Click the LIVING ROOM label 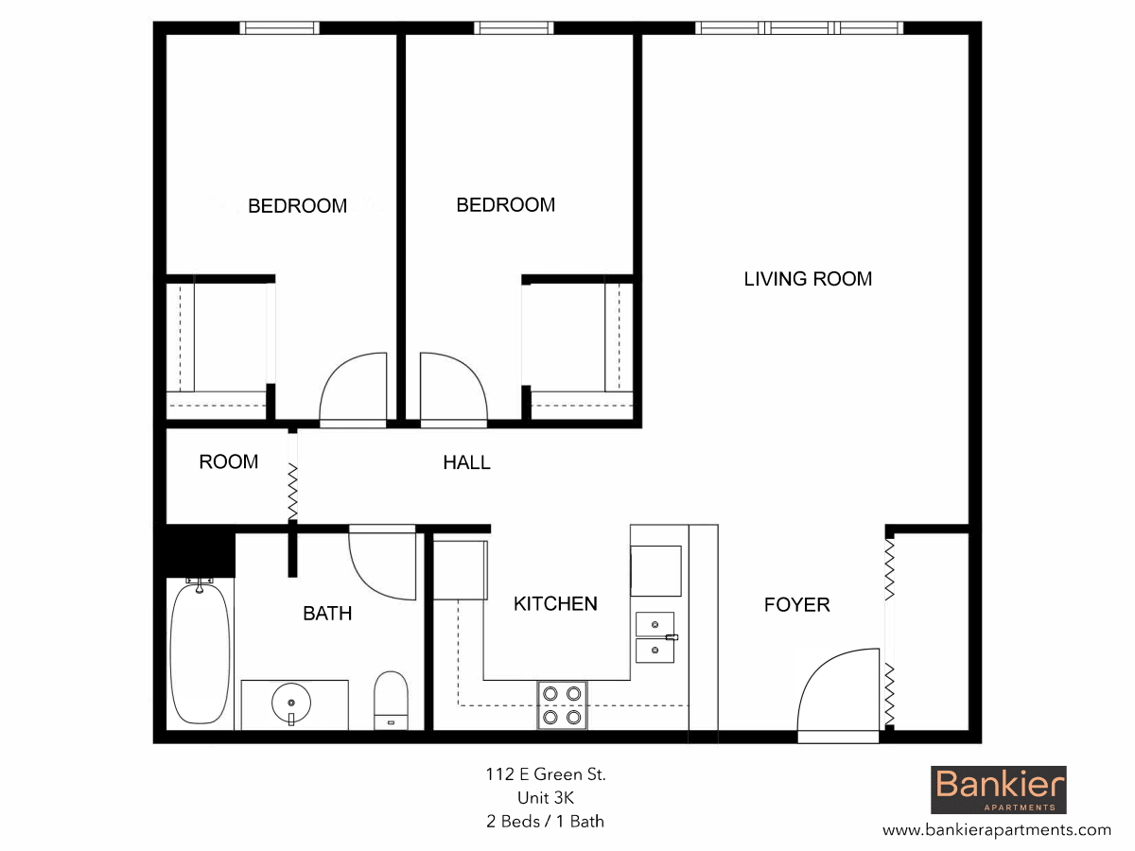pyautogui.click(x=808, y=279)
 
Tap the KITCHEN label pyautogui.click(x=555, y=604)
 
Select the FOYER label pyautogui.click(x=796, y=605)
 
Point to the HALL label pyautogui.click(x=467, y=462)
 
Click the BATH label pyautogui.click(x=327, y=614)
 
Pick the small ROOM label pyautogui.click(x=228, y=462)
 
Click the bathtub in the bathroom pyautogui.click(x=200, y=653)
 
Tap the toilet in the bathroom pyautogui.click(x=391, y=699)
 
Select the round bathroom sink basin pyautogui.click(x=291, y=703)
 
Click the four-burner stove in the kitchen pyautogui.click(x=562, y=705)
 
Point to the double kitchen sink pyautogui.click(x=655, y=637)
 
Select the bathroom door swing pyautogui.click(x=383, y=564)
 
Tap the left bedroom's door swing pyautogui.click(x=355, y=389)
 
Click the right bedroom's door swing pyautogui.click(x=453, y=389)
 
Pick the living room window pyautogui.click(x=799, y=28)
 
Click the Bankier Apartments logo pyautogui.click(x=999, y=790)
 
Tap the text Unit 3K pyautogui.click(x=546, y=798)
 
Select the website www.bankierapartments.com pyautogui.click(x=997, y=830)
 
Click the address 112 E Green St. pyautogui.click(x=546, y=775)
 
